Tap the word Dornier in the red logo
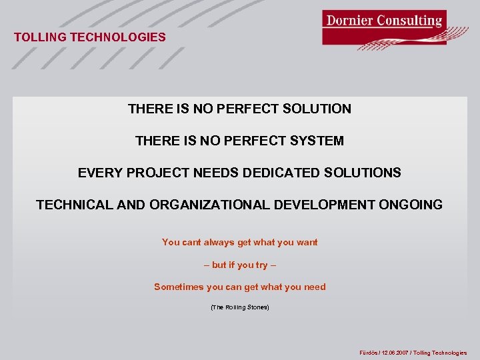click(349, 20)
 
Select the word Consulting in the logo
click(409, 20)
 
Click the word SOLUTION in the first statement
click(319, 109)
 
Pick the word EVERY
click(98, 173)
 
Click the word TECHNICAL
click(75, 205)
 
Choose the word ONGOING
click(411, 205)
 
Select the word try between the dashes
click(261, 265)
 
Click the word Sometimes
click(179, 287)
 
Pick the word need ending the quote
click(315, 287)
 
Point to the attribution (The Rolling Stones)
click(240, 307)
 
